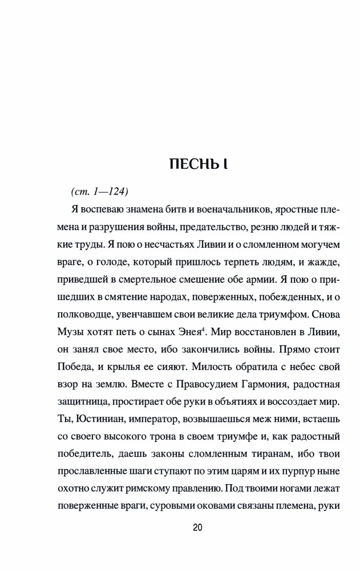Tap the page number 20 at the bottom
coord(197,528)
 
